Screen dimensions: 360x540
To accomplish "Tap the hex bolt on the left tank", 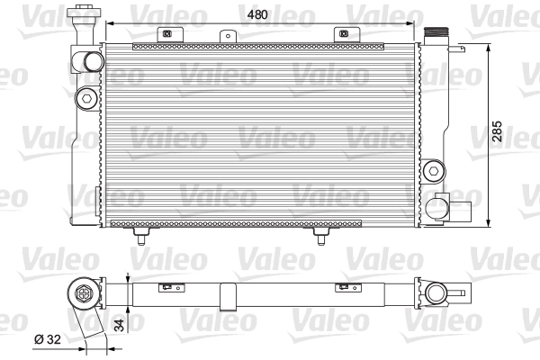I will pos(86,97).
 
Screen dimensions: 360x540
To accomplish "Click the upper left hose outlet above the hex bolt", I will pos(92,61).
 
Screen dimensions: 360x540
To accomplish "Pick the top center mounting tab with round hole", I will pos(225,35).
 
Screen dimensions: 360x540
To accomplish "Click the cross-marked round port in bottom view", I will pos(85,293).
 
